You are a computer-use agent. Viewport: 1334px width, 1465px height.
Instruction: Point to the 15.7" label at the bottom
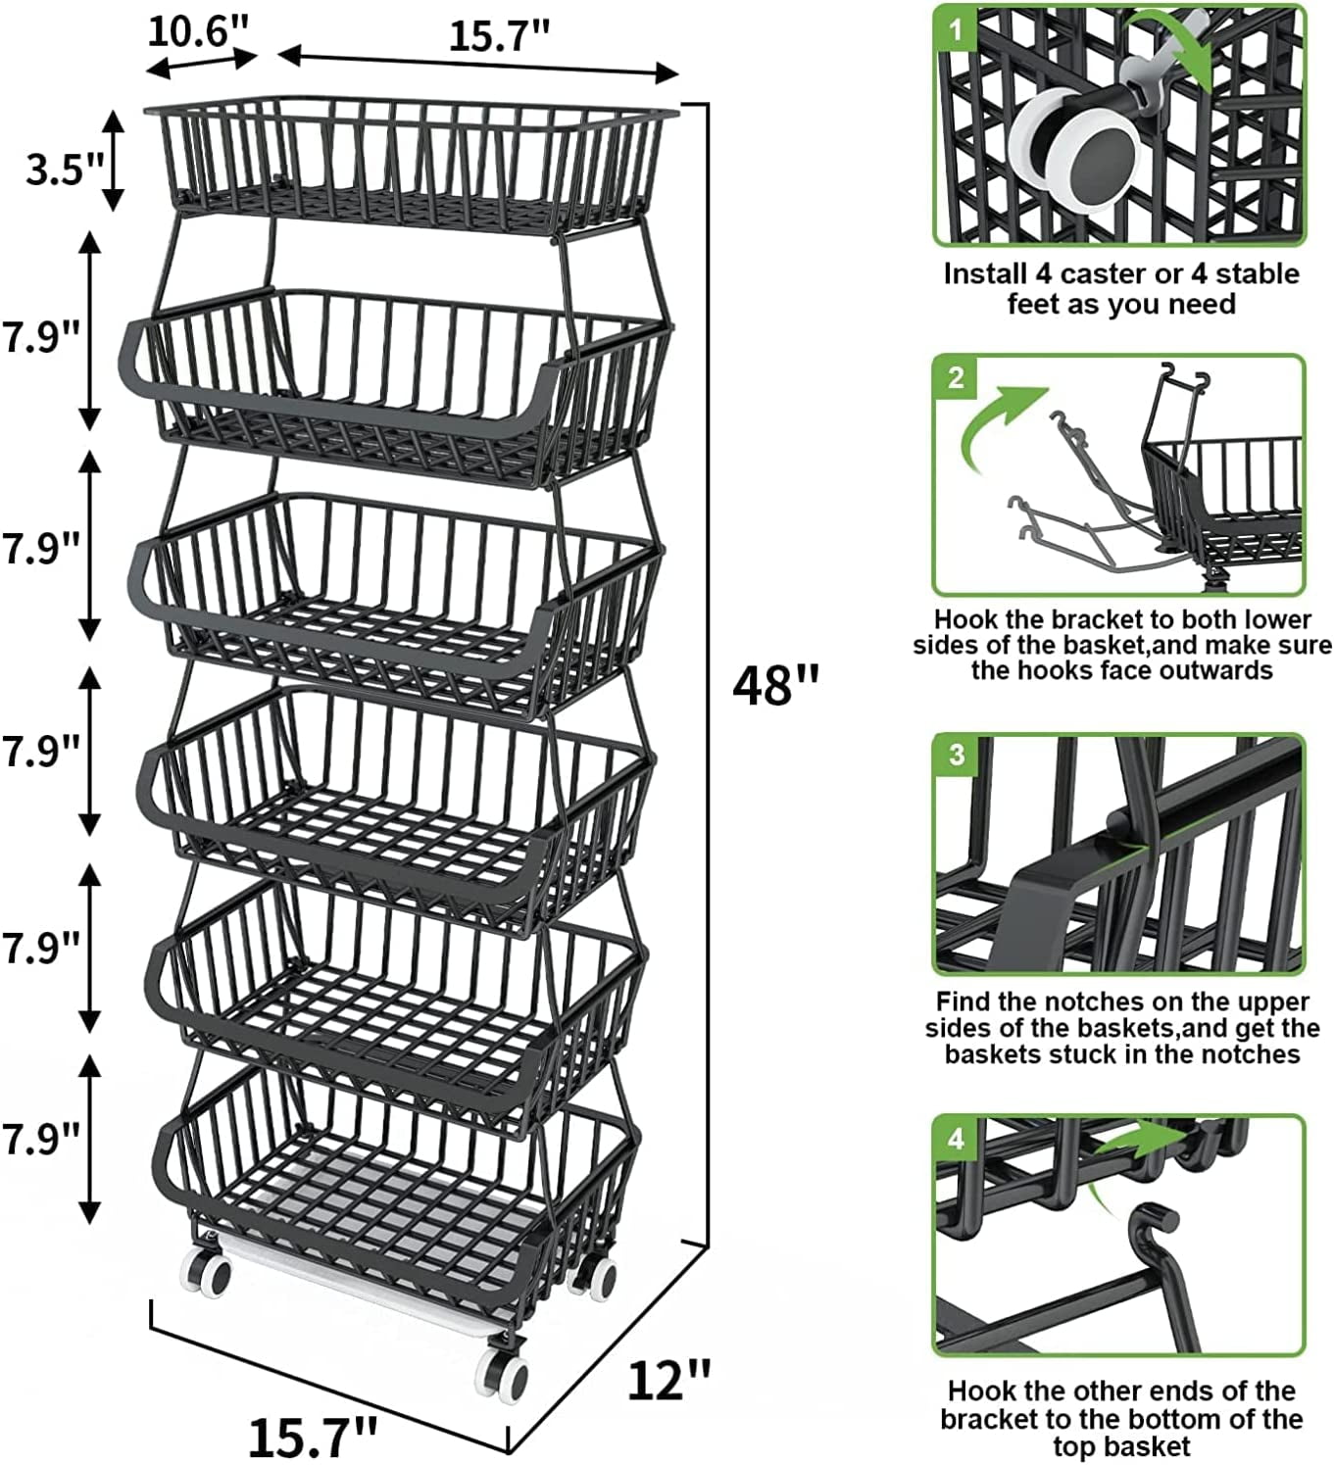click(x=312, y=1437)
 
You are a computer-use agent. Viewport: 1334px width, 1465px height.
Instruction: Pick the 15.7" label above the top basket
click(x=499, y=35)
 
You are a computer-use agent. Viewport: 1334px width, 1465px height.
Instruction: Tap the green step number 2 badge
click(x=957, y=378)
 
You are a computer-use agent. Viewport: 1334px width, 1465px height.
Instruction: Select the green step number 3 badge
click(x=957, y=756)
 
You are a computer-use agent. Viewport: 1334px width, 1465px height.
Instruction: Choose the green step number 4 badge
click(x=957, y=1139)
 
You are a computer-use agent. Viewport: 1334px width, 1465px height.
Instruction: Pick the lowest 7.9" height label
click(x=40, y=1139)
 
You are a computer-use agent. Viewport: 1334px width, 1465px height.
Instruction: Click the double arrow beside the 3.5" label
click(x=114, y=160)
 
